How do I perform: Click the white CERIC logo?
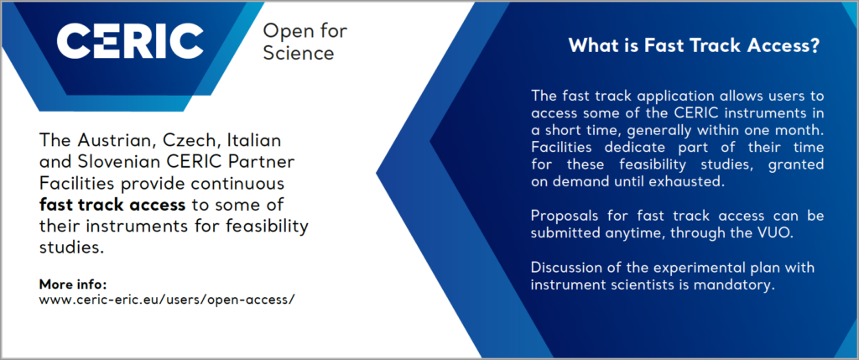tap(130, 40)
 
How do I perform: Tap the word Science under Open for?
tap(298, 53)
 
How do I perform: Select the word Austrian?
tap(110, 140)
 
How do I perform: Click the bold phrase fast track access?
tap(112, 205)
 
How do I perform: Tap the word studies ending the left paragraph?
tap(71, 247)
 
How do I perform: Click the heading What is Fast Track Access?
tap(694, 46)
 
